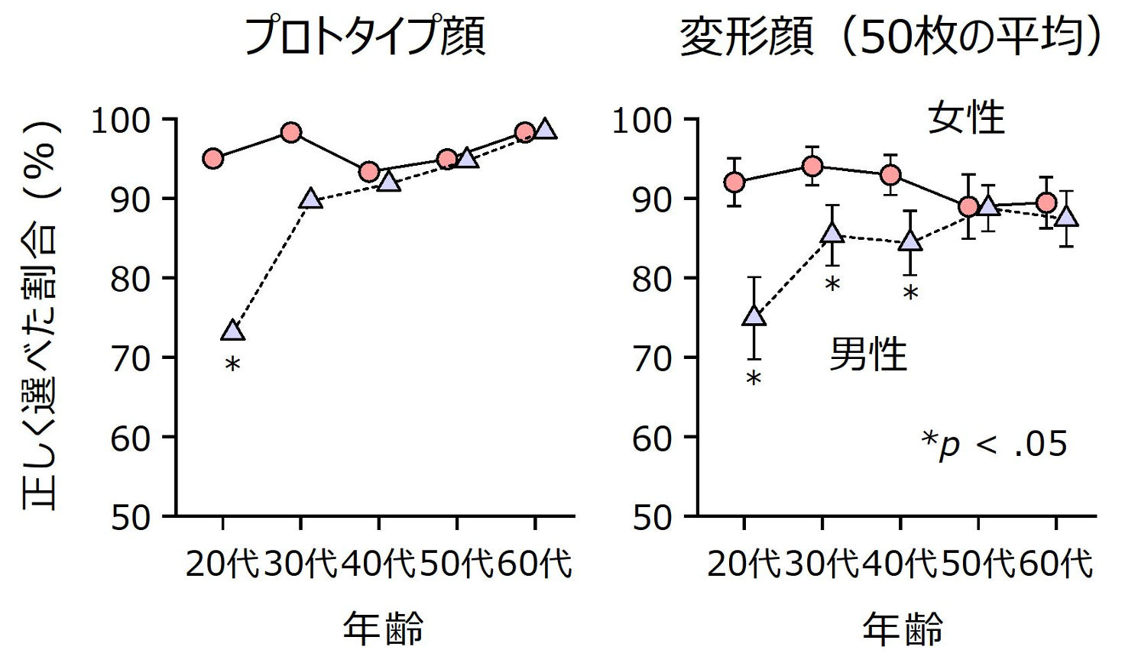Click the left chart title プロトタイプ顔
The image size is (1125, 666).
tap(364, 36)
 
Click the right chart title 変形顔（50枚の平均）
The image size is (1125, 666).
tap(891, 36)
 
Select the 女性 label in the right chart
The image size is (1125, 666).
tap(966, 118)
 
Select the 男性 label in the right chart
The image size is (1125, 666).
tap(868, 354)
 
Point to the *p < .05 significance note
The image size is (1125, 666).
tap(994, 443)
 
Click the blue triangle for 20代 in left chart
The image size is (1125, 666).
tap(233, 330)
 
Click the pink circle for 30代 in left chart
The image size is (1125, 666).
tap(291, 132)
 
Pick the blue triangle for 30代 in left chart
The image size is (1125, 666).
tap(310, 199)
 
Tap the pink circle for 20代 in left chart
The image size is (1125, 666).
tap(213, 159)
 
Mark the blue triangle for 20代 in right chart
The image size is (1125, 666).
tap(754, 315)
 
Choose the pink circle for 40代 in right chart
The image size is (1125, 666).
tap(890, 175)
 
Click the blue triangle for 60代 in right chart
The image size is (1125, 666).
tap(1066, 217)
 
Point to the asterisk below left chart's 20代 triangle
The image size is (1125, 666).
tap(233, 365)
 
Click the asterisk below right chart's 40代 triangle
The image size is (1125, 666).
tap(910, 293)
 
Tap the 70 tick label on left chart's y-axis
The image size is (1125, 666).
tap(130, 358)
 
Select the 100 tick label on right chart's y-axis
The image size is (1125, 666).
tap(642, 121)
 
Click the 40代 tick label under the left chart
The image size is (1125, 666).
tap(378, 564)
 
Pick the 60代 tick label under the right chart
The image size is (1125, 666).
tap(1056, 564)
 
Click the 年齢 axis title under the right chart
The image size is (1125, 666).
tap(903, 629)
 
